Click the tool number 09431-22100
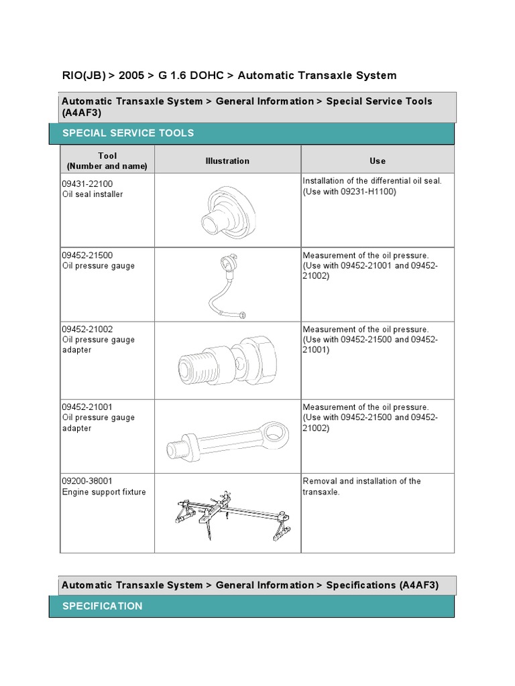88,184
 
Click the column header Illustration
227,161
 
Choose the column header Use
378,161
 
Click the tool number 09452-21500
88,255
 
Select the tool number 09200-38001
88,481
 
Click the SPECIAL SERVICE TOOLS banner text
128,133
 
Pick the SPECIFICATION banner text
103,606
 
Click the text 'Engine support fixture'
103,492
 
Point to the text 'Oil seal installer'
93,194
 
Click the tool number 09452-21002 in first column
88,329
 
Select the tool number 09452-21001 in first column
88,407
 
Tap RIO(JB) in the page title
81,76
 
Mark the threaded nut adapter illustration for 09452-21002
227,361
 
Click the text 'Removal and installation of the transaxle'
362,486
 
